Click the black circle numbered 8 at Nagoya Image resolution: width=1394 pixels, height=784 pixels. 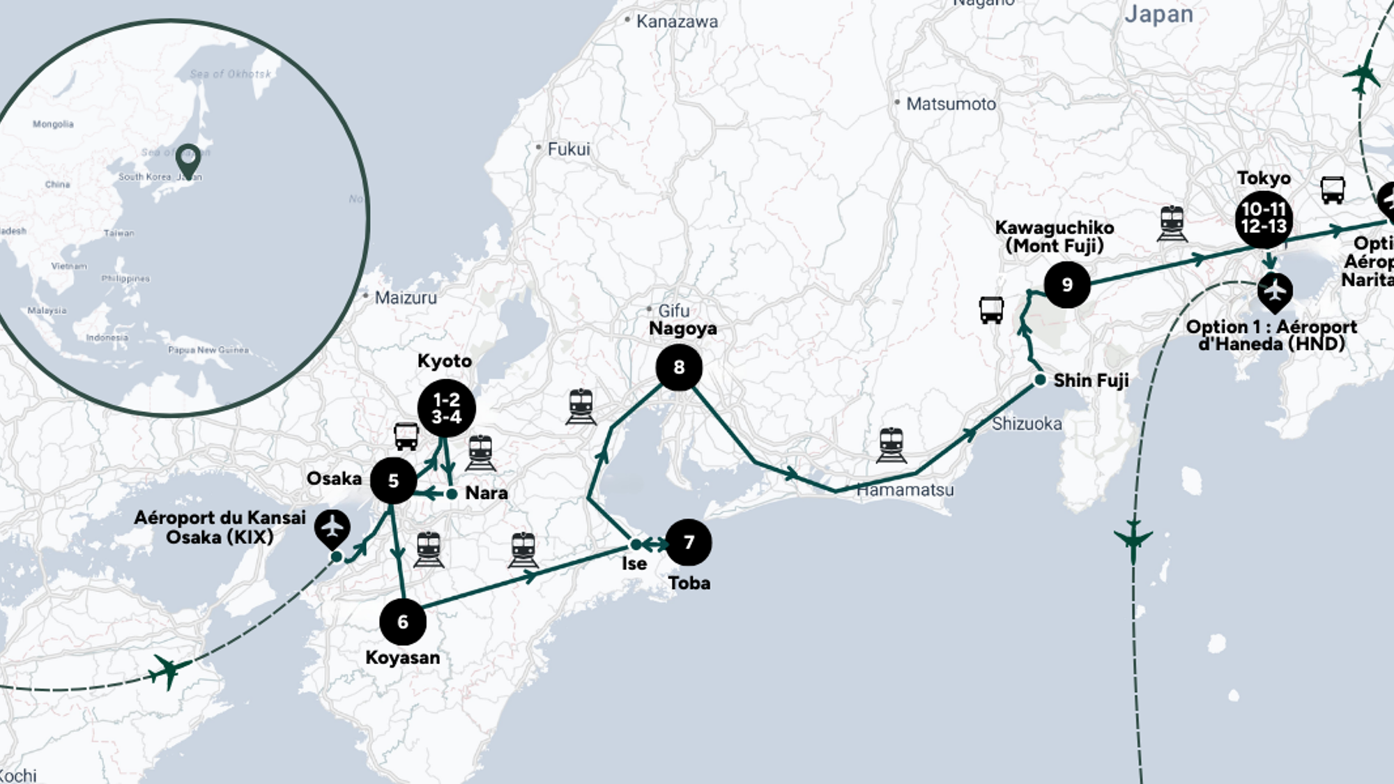679,367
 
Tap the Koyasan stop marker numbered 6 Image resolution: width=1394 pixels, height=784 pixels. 403,622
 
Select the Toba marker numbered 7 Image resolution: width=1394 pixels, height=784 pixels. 689,542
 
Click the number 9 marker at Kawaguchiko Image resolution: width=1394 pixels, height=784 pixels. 1067,284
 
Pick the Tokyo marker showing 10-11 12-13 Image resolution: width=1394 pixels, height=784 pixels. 1264,218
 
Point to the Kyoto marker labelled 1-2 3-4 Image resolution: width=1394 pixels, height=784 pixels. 447,408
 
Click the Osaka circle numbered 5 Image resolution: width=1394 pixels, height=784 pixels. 393,481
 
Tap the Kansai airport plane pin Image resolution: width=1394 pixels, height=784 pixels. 332,526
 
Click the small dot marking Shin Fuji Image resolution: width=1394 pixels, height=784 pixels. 1040,380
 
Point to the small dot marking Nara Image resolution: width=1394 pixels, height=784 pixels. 452,493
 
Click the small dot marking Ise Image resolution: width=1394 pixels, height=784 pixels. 636,544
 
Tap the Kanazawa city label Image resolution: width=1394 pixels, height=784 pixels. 676,22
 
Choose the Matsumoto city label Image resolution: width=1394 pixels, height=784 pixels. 950,104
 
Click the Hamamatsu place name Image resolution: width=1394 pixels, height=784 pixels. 905,490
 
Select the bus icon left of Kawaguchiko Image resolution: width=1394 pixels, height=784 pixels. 991,309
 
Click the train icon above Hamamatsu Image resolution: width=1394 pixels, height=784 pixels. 891,445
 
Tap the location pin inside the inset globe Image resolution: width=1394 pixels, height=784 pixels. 188,159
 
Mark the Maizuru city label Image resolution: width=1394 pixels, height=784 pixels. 405,298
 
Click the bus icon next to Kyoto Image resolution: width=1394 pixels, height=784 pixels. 406,436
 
